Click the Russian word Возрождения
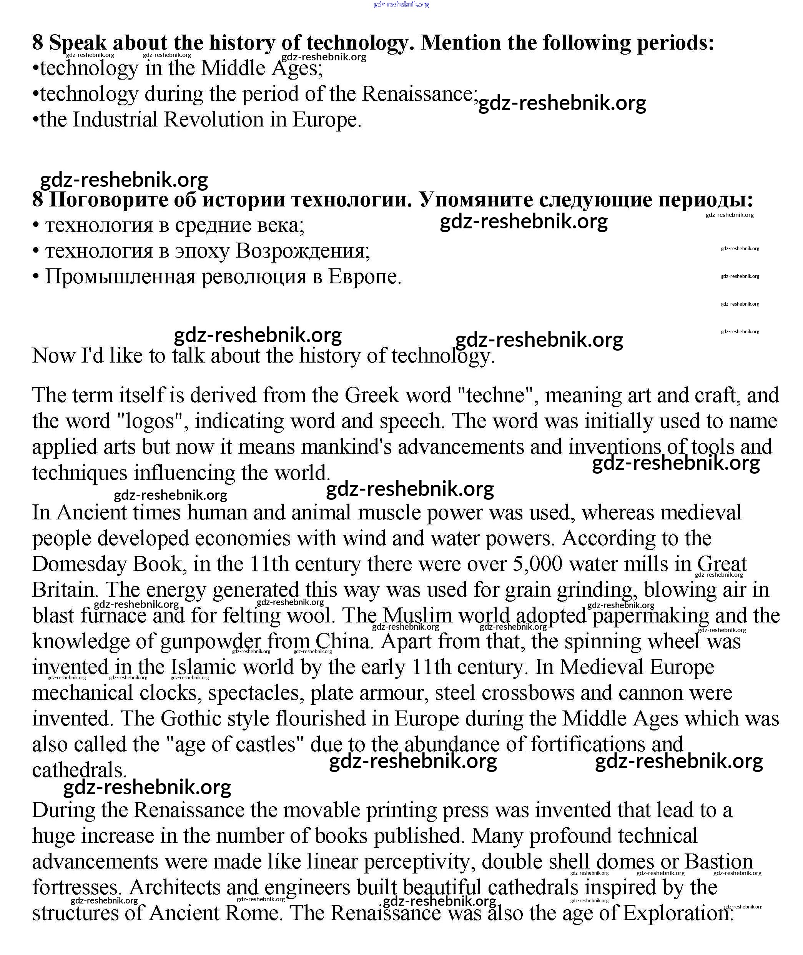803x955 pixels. point(303,251)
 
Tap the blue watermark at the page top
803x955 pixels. point(401,5)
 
